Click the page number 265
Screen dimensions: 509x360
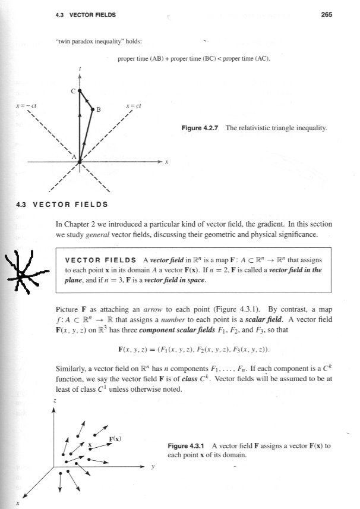click(x=326, y=15)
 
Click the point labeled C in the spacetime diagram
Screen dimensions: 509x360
click(x=80, y=91)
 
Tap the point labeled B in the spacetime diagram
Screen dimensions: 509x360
click(x=93, y=109)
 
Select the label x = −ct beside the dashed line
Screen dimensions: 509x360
click(x=28, y=106)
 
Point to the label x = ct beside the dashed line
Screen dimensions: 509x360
click(x=133, y=106)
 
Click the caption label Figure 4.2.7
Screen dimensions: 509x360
click(x=201, y=128)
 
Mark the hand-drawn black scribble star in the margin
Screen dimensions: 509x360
click(x=21, y=274)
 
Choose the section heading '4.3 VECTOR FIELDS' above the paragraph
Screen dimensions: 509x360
click(x=62, y=205)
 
